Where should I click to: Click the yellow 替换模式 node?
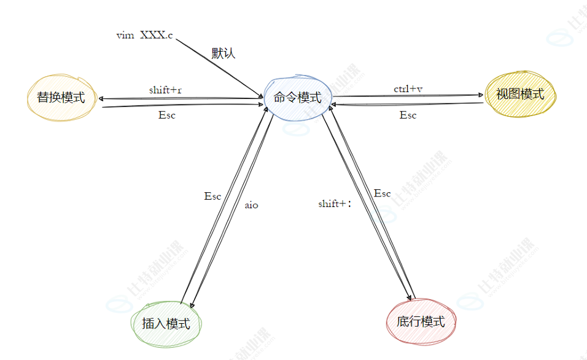click(61, 97)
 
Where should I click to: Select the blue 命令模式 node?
click(297, 98)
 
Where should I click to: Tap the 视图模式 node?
click(519, 94)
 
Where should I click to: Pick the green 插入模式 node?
click(166, 323)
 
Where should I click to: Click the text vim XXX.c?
click(145, 36)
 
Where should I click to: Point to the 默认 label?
click(224, 53)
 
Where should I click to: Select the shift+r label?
click(165, 90)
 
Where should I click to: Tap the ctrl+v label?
click(408, 88)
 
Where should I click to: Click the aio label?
click(251, 205)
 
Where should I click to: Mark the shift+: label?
click(335, 203)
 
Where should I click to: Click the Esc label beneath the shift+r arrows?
click(166, 115)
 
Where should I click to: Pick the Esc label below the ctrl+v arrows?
click(408, 115)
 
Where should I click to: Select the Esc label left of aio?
click(212, 197)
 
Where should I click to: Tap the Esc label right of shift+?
click(382, 194)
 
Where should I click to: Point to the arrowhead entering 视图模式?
click(481, 95)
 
